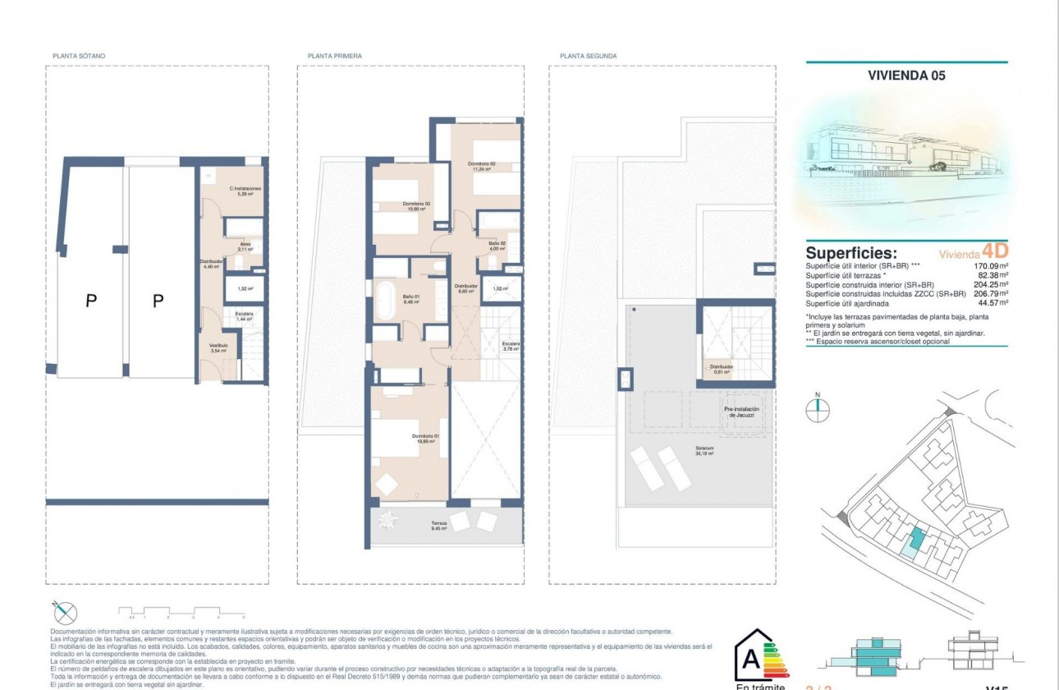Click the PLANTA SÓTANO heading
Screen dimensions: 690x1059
click(79, 56)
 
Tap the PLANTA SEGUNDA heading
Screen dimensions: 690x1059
click(588, 56)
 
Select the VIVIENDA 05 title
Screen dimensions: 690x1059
click(906, 76)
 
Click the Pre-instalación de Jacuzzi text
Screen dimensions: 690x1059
click(741, 412)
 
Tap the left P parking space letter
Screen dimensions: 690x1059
click(90, 301)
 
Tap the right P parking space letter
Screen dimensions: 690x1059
click(158, 301)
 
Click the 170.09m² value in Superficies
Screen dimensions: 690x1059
click(990, 266)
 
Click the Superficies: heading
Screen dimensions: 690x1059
click(851, 253)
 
